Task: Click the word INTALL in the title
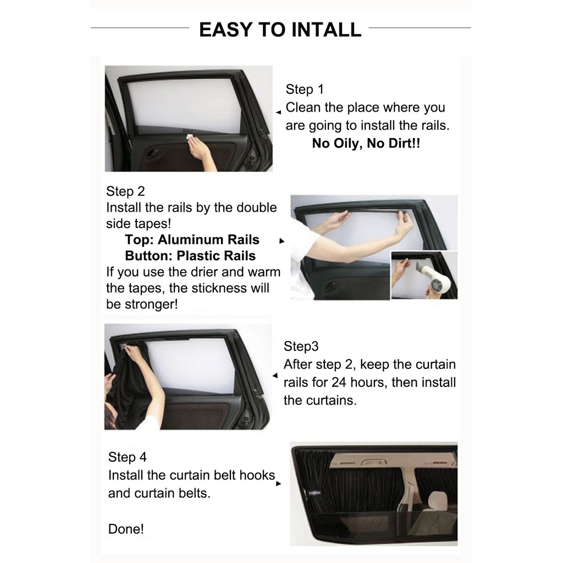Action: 326,30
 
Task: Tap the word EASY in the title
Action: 225,30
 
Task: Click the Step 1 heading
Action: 305,90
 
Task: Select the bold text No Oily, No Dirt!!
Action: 366,143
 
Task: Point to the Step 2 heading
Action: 125,191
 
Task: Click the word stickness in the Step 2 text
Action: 219,288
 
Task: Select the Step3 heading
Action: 301,346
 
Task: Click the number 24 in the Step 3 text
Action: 339,383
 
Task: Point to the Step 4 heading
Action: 127,457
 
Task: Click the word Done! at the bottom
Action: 126,529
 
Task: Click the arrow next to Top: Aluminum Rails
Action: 282,241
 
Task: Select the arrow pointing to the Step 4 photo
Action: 279,484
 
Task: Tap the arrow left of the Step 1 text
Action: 278,112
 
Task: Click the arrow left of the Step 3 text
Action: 275,376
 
